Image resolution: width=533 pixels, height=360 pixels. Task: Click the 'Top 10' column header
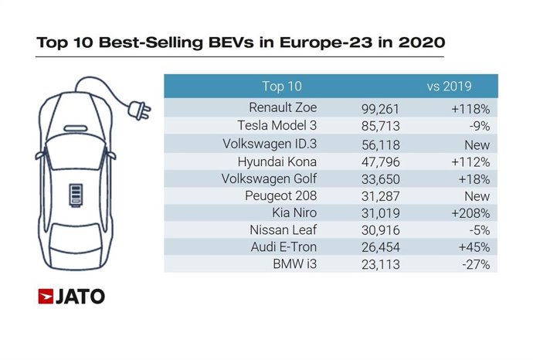coord(282,86)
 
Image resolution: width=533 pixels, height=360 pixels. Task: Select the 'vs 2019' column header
coord(450,86)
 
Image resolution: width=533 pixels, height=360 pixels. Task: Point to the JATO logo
coord(71,297)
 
